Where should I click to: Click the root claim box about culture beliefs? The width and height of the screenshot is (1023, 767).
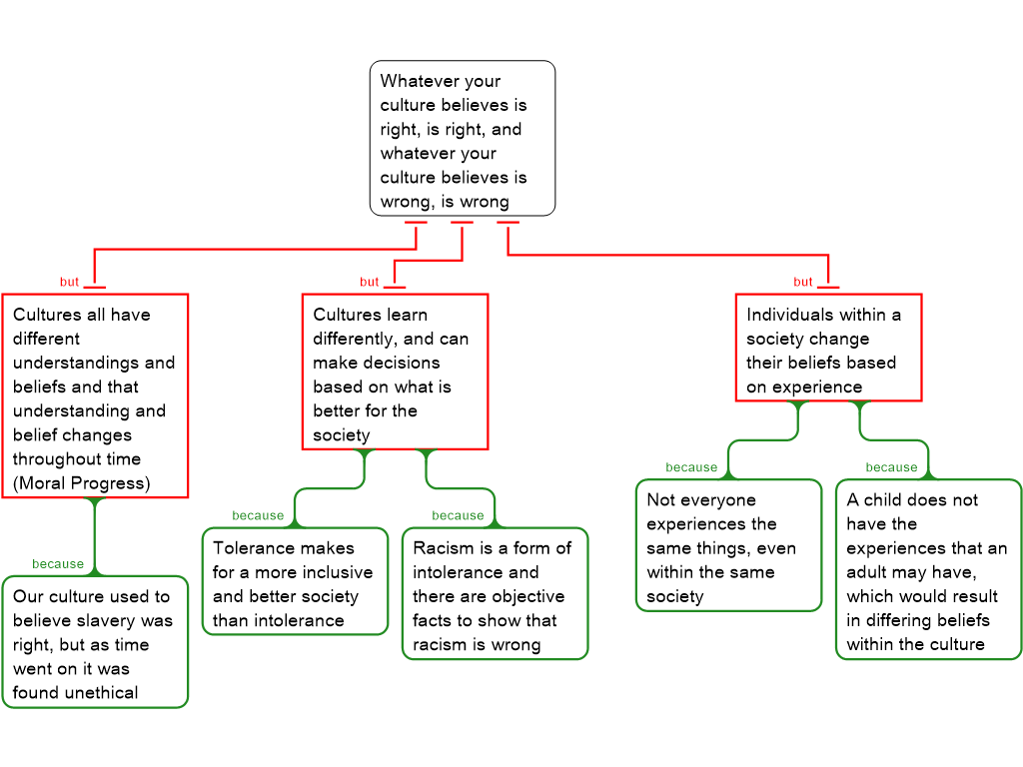462,139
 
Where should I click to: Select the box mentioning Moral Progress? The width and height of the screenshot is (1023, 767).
95,396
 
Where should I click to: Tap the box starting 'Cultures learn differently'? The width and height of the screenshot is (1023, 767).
395,372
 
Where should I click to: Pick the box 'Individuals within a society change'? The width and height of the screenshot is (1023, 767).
828,348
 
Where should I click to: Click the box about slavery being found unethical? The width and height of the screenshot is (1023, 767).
95,642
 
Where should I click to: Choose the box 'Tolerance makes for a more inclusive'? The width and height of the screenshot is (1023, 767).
295,581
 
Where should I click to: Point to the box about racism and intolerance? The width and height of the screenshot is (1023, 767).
495,594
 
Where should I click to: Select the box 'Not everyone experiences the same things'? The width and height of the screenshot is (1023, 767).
728,545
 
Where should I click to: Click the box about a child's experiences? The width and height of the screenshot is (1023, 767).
928,569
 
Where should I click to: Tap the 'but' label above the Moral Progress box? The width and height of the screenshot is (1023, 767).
69,282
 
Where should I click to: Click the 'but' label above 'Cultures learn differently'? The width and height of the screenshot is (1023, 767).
370,282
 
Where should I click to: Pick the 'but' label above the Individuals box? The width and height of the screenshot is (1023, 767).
803,282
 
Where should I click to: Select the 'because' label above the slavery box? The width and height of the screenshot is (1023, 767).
58,564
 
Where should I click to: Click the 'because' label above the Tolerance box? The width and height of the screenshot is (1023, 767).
258,515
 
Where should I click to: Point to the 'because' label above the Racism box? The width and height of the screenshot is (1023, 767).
458,515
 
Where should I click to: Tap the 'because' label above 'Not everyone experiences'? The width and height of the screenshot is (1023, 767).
691,467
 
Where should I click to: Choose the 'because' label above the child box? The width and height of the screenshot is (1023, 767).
891,467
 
